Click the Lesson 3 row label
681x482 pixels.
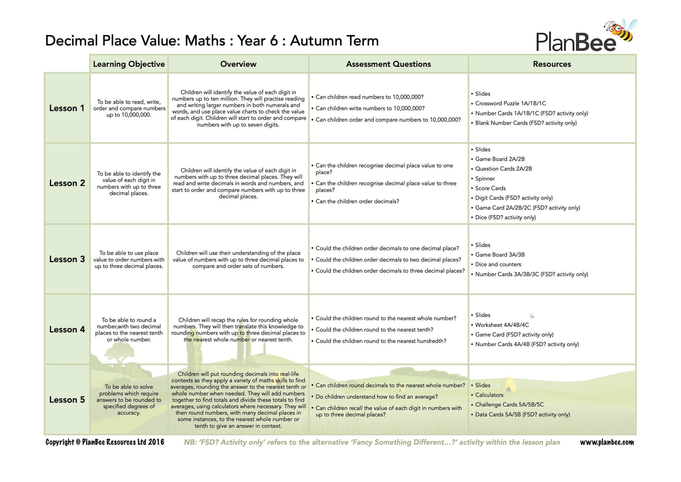[x=67, y=259]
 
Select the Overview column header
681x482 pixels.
[x=238, y=64]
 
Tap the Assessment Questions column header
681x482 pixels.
[x=388, y=64]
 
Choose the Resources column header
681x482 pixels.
[x=552, y=64]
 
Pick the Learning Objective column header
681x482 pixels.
[x=128, y=64]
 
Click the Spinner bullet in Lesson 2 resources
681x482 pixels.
[x=484, y=179]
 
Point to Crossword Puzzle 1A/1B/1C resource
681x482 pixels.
[x=510, y=104]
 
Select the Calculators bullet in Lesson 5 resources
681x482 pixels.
[x=489, y=395]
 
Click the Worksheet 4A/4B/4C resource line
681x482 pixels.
[x=502, y=325]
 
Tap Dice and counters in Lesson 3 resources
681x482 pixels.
[x=498, y=264]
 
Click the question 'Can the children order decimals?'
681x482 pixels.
[x=357, y=201]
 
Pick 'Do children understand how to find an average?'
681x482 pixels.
[x=376, y=397]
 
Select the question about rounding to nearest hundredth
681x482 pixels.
[x=380, y=341]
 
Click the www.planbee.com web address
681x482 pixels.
[x=607, y=442]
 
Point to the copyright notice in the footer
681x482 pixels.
[x=104, y=442]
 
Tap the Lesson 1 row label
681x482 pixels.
[x=67, y=108]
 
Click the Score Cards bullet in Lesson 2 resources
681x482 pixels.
[x=490, y=188]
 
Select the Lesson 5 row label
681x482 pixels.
[x=67, y=400]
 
